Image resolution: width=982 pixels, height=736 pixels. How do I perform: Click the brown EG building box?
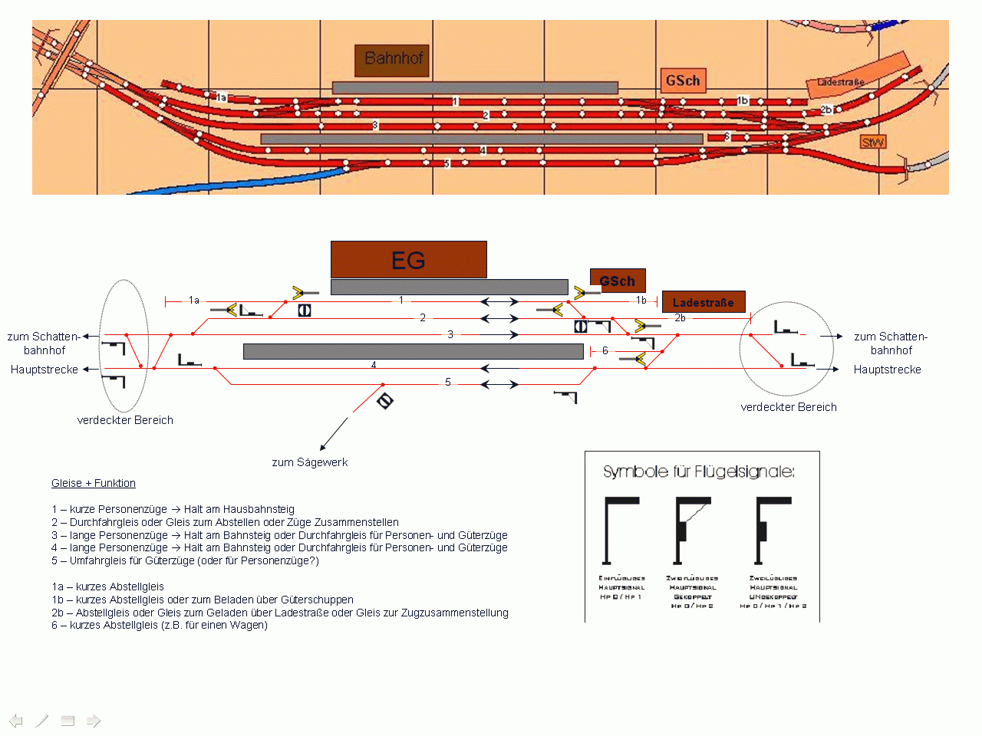(408, 260)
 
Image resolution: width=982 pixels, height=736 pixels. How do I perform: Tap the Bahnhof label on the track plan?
(392, 59)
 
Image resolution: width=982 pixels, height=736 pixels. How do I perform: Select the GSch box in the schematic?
(618, 281)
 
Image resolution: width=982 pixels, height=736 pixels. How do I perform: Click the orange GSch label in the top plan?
(682, 80)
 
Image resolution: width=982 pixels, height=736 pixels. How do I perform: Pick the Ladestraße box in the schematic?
(704, 303)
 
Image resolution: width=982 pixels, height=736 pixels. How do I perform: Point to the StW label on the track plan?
(873, 142)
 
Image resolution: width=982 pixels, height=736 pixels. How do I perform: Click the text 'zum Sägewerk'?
(310, 462)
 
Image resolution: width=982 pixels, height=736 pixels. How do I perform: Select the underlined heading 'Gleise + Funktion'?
(94, 483)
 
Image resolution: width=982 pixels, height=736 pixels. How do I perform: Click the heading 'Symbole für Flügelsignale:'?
(698, 472)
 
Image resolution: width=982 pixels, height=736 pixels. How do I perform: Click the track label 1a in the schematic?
(194, 301)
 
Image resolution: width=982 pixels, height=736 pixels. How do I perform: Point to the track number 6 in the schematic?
(605, 351)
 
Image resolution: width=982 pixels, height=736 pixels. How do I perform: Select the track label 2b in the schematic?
(680, 317)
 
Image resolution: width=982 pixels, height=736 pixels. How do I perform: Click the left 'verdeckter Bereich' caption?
(125, 420)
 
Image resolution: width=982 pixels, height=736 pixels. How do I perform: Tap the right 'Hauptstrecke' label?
(887, 370)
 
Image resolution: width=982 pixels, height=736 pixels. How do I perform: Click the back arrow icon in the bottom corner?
(16, 721)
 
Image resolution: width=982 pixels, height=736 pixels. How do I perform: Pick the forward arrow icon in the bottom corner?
(94, 721)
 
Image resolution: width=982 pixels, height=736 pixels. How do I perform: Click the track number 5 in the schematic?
(448, 382)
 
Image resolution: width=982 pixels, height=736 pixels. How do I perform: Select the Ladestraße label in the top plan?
(841, 82)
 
